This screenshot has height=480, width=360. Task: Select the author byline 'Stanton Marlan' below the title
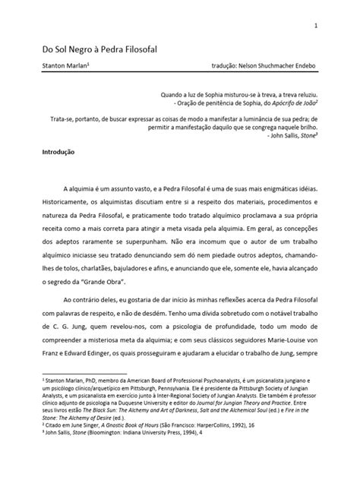tap(64, 65)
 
